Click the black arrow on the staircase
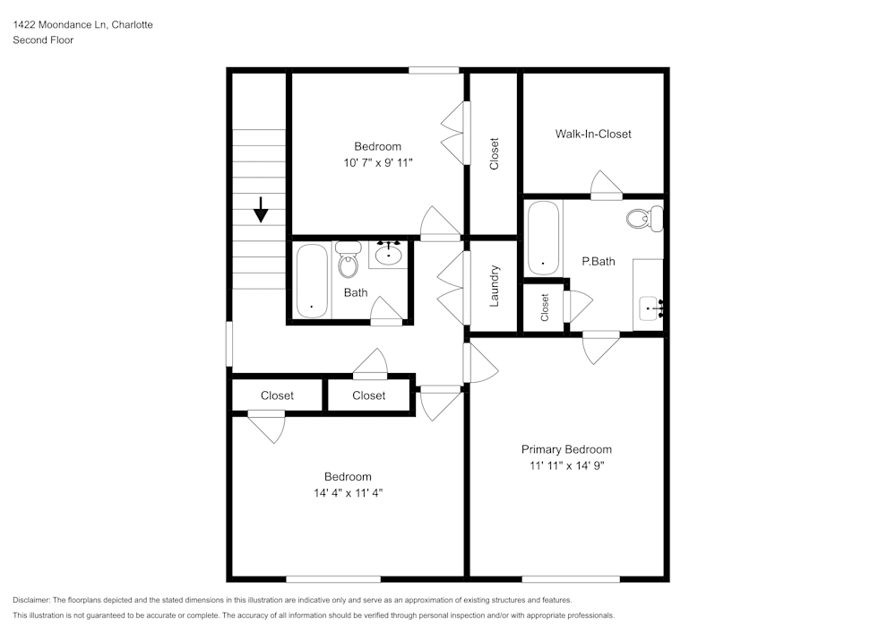point(261,210)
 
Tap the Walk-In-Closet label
point(593,134)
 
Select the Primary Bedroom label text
point(566,449)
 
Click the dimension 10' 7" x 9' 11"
point(377,162)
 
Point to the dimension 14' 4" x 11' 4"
point(348,492)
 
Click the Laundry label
point(494,286)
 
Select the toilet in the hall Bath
point(349,261)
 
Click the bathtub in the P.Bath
point(544,238)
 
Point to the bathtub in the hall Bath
point(312,280)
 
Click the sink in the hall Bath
point(387,254)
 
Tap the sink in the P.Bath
point(650,309)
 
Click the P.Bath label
point(598,262)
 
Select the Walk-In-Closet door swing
point(607,184)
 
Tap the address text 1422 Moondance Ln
point(59,25)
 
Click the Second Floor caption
point(43,40)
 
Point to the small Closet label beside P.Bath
point(545,307)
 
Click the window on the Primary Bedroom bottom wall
point(556,578)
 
